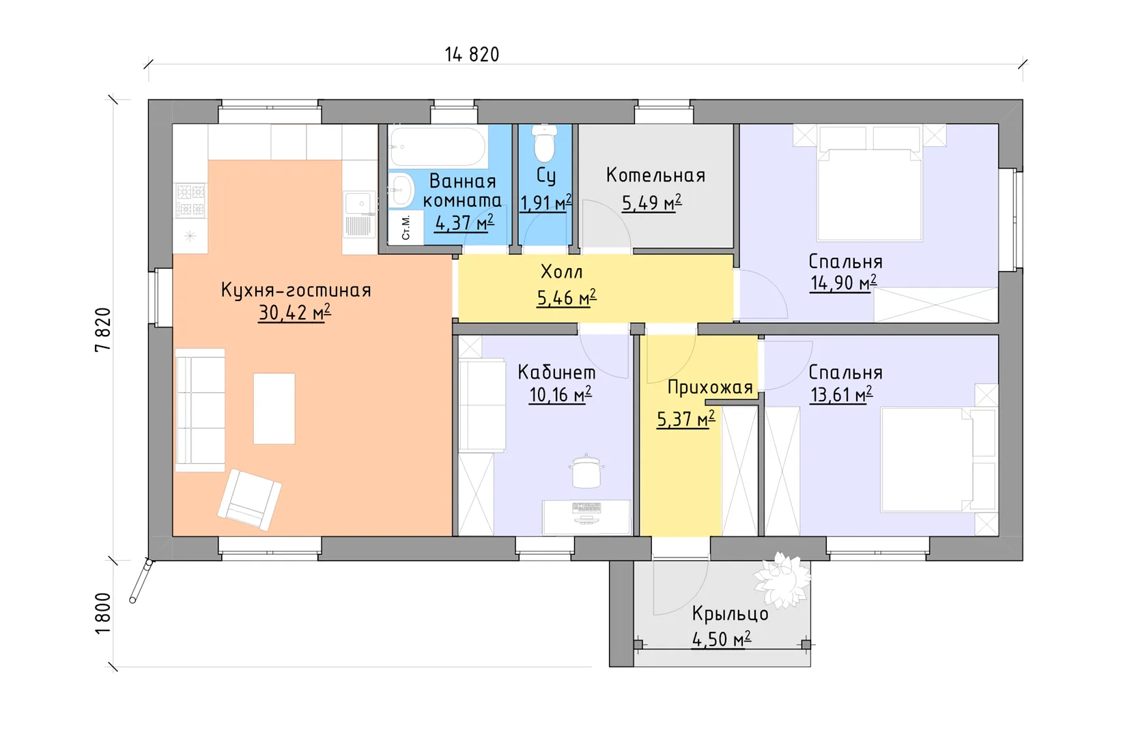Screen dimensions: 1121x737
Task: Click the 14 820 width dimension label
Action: coord(472,55)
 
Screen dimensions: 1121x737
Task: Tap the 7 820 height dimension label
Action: coord(102,330)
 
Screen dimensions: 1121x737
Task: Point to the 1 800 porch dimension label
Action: coord(102,613)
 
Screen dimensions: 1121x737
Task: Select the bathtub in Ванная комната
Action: coord(438,146)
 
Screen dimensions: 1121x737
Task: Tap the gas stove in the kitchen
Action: coord(190,200)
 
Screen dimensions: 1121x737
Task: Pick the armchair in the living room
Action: coord(249,500)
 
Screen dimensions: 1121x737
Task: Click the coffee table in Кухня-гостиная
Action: coord(274,408)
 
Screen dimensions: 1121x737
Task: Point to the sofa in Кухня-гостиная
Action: coord(199,409)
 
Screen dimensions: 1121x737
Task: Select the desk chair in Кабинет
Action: coord(586,471)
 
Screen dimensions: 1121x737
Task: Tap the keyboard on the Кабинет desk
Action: coord(586,508)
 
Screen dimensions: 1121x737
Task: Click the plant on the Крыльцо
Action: coord(782,579)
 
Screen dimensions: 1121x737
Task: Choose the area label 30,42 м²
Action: coord(294,313)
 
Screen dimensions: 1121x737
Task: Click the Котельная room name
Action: coord(655,175)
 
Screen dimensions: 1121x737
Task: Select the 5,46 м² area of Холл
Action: coord(567,298)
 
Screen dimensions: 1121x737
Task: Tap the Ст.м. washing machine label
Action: coord(406,227)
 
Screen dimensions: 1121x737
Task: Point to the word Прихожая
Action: coord(710,388)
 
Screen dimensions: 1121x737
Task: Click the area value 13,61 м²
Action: coord(841,394)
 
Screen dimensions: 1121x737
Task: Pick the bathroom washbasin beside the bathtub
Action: coord(401,190)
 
